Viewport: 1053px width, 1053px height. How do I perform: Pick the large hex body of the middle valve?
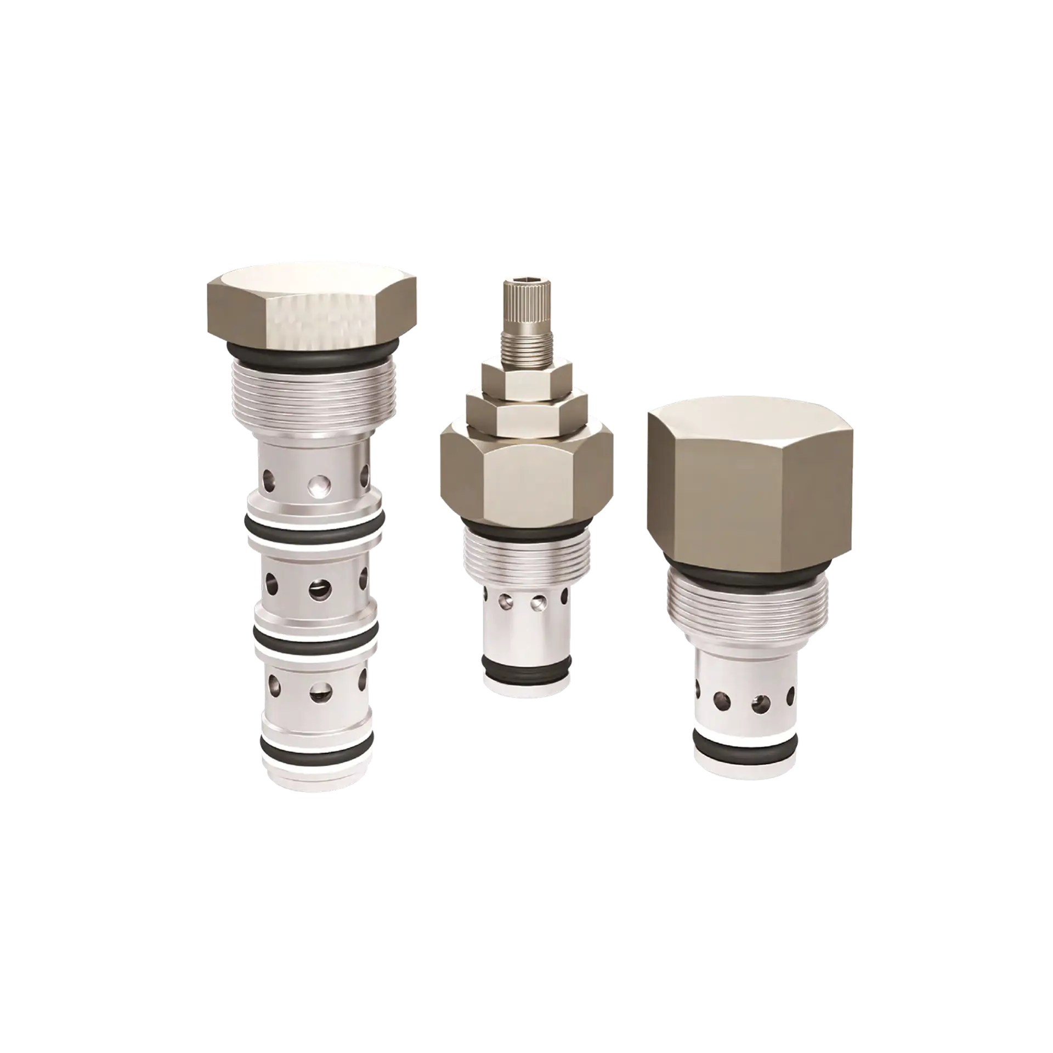coord(526,477)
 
